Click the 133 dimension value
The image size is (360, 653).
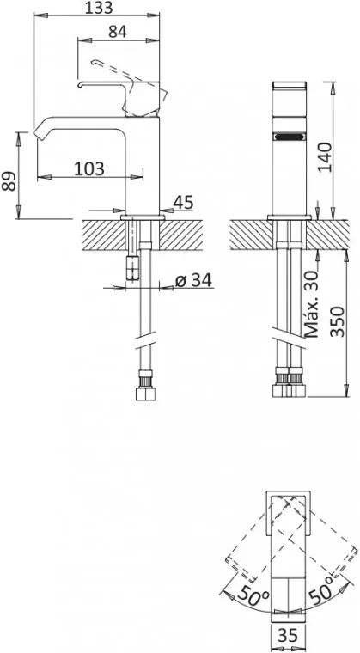99,7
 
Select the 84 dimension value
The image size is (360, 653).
118,32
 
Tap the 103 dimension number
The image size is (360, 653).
89,168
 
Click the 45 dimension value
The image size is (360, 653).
183,202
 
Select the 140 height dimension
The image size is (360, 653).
325,157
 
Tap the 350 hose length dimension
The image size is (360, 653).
337,322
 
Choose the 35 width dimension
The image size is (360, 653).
288,635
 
